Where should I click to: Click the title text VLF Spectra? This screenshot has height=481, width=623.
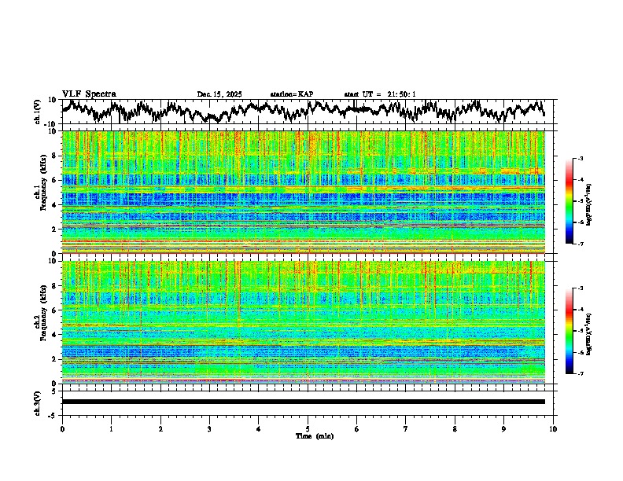click(x=89, y=94)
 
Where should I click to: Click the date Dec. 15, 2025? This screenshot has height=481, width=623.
click(x=219, y=94)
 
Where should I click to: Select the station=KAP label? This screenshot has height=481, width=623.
click(x=292, y=94)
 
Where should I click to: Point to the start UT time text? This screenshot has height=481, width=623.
click(x=380, y=94)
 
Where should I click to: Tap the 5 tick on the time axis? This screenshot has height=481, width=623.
click(x=308, y=428)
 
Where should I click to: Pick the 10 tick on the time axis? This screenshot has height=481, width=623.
click(x=553, y=428)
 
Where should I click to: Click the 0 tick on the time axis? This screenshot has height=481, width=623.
click(x=62, y=428)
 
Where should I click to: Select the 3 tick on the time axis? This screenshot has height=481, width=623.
click(x=209, y=428)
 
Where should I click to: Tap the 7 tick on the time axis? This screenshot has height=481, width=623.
click(x=406, y=428)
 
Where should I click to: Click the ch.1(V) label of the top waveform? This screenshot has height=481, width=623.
click(x=38, y=112)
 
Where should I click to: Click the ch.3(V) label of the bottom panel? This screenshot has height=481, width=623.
click(x=38, y=402)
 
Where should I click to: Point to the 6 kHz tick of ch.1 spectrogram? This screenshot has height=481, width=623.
click(x=54, y=180)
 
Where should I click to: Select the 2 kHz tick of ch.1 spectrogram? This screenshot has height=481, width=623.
click(x=54, y=229)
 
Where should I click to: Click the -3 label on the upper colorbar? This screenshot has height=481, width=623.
click(x=580, y=159)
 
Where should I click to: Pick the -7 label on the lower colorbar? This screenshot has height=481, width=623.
click(x=580, y=374)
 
